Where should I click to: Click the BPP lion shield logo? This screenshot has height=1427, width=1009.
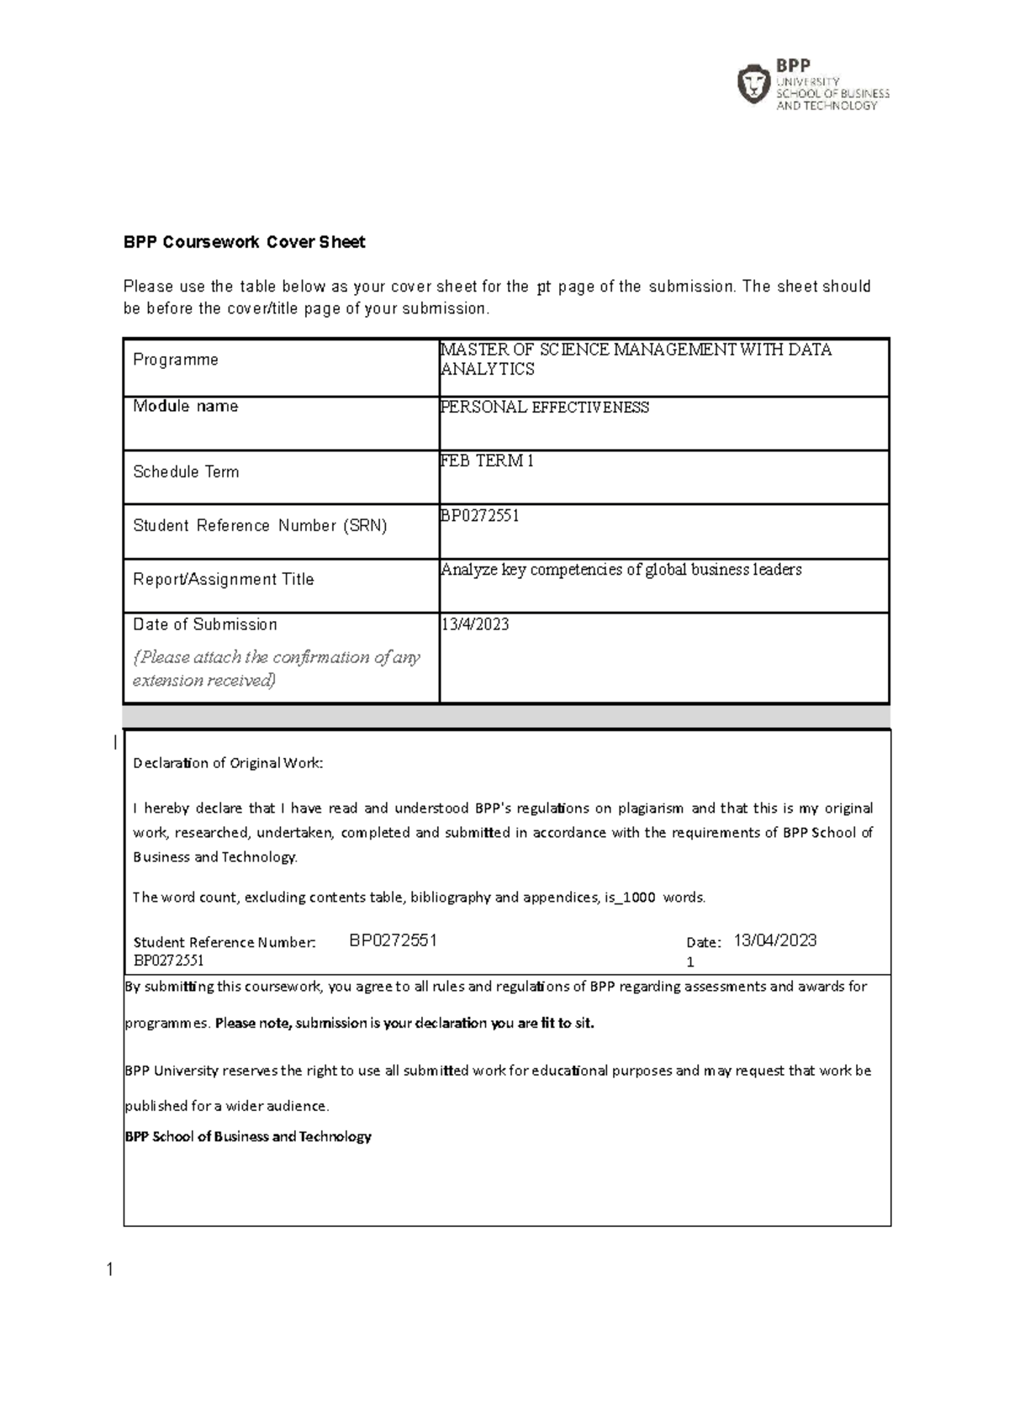click(753, 84)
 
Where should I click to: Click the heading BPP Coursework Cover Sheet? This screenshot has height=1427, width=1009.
click(244, 243)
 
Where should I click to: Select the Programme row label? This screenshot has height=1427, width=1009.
click(176, 360)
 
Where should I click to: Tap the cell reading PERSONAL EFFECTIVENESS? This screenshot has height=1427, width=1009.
click(545, 408)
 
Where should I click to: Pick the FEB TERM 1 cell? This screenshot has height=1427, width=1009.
click(488, 461)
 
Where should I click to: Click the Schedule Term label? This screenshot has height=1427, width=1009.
click(186, 472)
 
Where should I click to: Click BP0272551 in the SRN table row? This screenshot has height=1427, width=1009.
click(479, 516)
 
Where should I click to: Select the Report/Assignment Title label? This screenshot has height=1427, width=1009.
click(223, 580)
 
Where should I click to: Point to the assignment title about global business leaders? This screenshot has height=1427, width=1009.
click(621, 570)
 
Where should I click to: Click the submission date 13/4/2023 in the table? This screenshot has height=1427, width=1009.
click(475, 624)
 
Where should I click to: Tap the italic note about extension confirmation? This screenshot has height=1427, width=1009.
click(276, 669)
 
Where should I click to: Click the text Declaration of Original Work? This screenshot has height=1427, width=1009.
click(228, 763)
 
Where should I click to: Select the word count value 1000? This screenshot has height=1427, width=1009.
click(639, 898)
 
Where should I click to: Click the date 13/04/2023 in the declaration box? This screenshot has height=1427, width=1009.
click(774, 940)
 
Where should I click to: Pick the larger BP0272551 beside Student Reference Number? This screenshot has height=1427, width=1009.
click(393, 940)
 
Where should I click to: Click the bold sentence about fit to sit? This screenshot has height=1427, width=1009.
click(404, 1024)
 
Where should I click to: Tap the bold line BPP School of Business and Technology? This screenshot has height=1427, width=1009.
click(248, 1137)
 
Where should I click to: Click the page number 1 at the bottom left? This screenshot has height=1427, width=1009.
click(109, 1270)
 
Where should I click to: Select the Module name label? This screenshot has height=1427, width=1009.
click(186, 407)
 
